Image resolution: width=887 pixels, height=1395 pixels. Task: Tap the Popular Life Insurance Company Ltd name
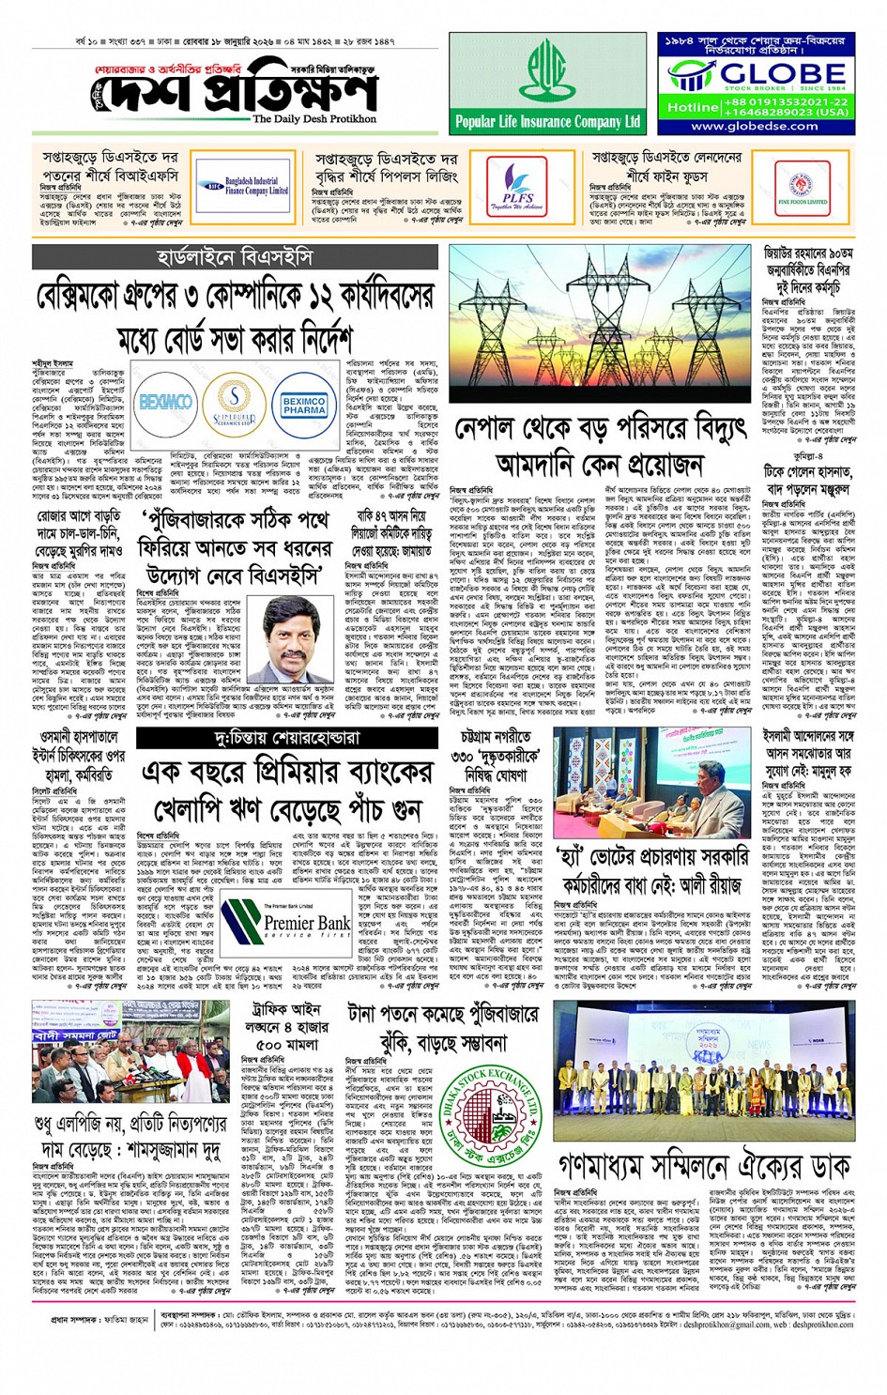click(547, 122)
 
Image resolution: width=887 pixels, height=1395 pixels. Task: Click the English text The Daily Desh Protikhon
click(314, 119)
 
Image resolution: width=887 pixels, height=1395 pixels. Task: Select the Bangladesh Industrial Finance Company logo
click(243, 186)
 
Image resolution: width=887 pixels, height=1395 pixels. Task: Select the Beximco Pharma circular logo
click(304, 404)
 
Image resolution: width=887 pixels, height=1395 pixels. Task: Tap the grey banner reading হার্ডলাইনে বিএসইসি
click(235, 257)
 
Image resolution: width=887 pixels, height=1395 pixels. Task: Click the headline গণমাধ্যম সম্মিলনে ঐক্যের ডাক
click(706, 1166)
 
